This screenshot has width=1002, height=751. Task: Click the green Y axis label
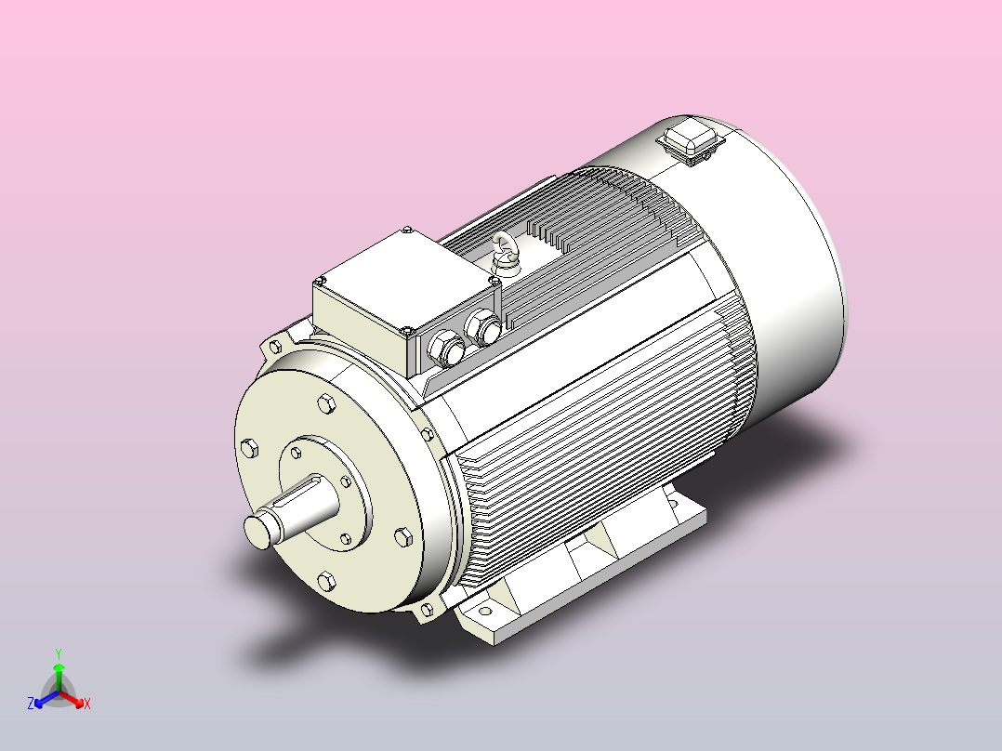click(x=59, y=653)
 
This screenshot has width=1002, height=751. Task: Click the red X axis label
click(x=87, y=704)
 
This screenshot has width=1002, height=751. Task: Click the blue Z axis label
click(x=30, y=704)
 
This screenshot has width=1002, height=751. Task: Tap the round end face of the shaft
click(x=258, y=532)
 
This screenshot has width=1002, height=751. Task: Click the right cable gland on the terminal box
click(x=483, y=328)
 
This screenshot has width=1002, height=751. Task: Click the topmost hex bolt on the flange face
click(x=326, y=404)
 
